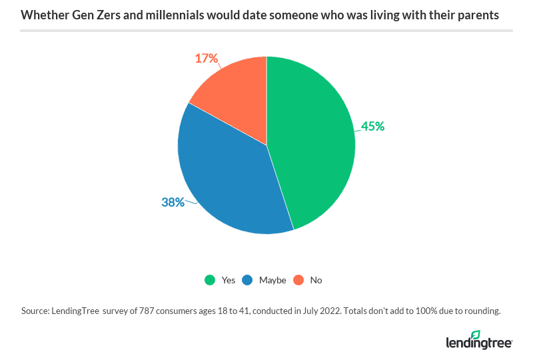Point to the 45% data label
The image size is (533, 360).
pyautogui.click(x=372, y=125)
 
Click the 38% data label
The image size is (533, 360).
pyautogui.click(x=173, y=201)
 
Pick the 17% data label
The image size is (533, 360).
pyautogui.click(x=207, y=59)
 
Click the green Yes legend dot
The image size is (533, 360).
pyautogui.click(x=209, y=280)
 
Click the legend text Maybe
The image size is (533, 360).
pyautogui.click(x=273, y=280)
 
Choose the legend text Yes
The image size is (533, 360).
pyautogui.click(x=229, y=280)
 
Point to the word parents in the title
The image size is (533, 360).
pyautogui.click(x=479, y=15)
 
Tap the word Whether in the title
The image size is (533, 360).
pyautogui.click(x=42, y=15)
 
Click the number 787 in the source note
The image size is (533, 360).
pyautogui.click(x=145, y=311)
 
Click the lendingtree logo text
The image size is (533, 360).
pyautogui.click(x=478, y=343)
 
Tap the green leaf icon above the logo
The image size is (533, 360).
pyautogui.click(x=475, y=334)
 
